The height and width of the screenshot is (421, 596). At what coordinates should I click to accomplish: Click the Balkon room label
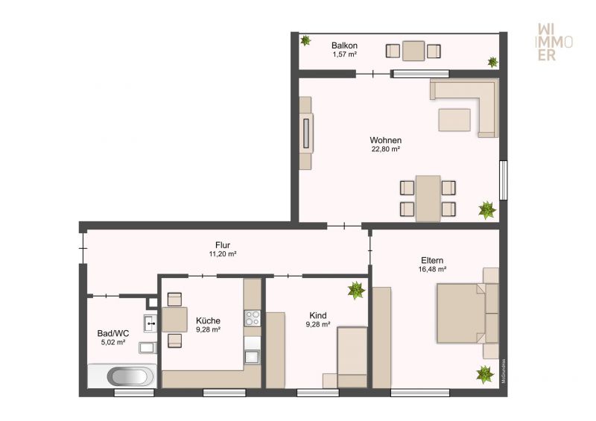(x=344, y=45)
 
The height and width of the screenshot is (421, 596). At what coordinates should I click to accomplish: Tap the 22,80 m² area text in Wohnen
(x=385, y=149)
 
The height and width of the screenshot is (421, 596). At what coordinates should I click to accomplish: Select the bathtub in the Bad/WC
(x=121, y=376)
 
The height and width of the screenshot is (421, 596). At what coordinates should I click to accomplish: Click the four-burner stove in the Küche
(x=252, y=318)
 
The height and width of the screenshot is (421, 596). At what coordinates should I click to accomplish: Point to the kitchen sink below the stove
(x=252, y=356)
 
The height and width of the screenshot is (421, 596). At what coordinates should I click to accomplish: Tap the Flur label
(x=223, y=245)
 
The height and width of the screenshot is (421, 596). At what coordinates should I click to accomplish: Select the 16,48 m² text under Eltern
(x=432, y=269)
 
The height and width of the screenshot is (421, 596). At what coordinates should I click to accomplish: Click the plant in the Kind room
(x=356, y=291)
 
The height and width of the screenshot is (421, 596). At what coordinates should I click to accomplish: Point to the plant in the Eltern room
(x=485, y=375)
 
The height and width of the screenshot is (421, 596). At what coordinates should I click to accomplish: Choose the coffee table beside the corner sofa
(x=454, y=120)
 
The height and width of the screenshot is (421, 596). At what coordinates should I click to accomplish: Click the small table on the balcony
(x=413, y=51)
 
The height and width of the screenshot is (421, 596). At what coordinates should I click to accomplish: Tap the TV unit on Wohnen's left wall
(x=306, y=133)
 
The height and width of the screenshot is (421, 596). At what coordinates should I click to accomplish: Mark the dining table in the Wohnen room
(x=428, y=198)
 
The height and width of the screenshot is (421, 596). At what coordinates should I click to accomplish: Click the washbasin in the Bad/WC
(x=150, y=323)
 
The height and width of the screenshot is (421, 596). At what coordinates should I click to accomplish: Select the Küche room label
(x=209, y=320)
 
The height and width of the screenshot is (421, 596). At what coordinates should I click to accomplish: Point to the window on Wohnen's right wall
(x=504, y=180)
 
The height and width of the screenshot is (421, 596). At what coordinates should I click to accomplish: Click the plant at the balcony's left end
(x=305, y=40)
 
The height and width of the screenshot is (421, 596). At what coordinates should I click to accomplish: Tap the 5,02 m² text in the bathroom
(x=113, y=342)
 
